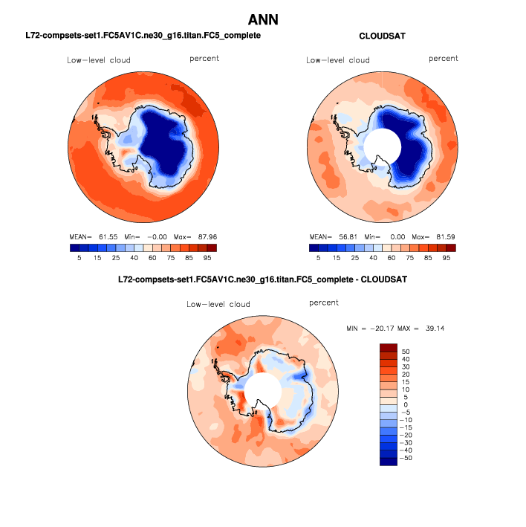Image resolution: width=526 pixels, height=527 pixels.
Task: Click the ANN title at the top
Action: tap(263, 20)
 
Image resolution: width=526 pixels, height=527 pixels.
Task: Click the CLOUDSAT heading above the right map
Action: tap(382, 36)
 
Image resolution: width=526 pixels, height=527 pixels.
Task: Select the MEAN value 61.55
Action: tap(108, 237)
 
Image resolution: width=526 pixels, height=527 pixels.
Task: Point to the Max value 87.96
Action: tap(207, 237)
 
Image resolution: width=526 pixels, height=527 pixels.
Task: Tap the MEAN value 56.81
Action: tap(348, 237)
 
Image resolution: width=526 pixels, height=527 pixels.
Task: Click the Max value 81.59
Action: tap(446, 237)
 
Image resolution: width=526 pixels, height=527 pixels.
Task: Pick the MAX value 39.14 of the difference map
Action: tap(435, 329)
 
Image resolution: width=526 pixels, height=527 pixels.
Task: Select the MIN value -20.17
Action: tap(382, 329)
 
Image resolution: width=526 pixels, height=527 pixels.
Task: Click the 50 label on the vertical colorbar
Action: tap(406, 352)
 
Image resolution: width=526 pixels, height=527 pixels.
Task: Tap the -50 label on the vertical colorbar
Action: tap(406, 458)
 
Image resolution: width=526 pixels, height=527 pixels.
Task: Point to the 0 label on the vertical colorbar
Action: tap(406, 404)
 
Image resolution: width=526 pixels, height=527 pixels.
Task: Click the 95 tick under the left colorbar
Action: tap(207, 258)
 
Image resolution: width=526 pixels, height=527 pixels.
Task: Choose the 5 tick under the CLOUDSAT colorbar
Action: tap(319, 258)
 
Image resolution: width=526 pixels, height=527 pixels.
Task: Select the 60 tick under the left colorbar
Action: tap(152, 258)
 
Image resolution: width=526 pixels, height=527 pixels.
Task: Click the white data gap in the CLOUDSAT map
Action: tap(383, 146)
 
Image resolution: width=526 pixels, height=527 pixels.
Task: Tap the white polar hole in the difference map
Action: tap(263, 391)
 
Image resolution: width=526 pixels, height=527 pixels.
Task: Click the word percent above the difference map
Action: tap(324, 303)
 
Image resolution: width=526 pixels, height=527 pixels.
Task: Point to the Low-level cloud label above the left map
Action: tap(99, 60)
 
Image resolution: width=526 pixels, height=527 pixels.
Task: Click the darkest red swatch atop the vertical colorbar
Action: tap(389, 348)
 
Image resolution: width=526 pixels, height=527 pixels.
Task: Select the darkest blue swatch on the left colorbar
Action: tap(74, 248)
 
